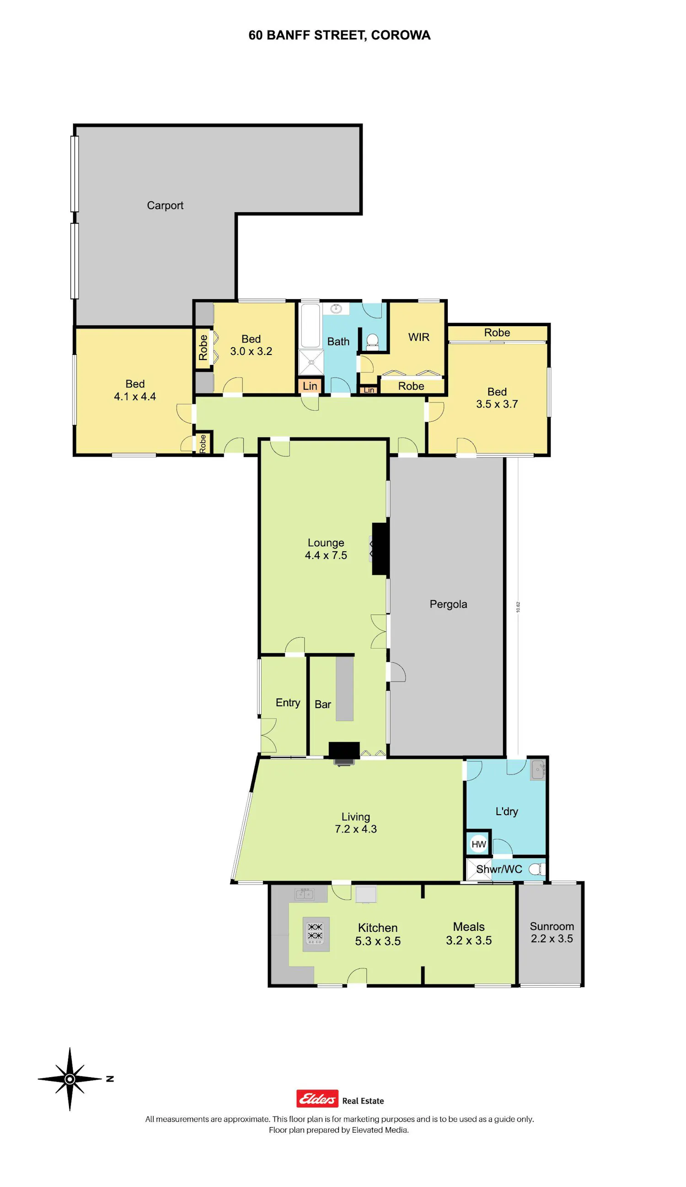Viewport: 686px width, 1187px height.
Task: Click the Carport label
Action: coord(165,205)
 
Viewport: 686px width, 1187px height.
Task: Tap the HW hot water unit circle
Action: coord(478,844)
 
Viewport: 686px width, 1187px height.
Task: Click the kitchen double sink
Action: coord(304,893)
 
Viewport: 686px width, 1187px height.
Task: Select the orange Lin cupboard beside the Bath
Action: coord(310,386)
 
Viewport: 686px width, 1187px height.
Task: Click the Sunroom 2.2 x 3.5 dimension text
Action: coord(552,938)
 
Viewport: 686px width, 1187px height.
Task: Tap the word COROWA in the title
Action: coord(401,35)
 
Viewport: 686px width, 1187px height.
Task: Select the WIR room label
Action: coord(418,337)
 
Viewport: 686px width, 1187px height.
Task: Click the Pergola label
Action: coord(448,604)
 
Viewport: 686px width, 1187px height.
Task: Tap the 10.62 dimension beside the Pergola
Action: coord(518,607)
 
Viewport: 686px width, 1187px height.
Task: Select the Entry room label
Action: coord(288,703)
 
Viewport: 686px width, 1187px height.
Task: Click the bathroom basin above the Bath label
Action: coord(336,308)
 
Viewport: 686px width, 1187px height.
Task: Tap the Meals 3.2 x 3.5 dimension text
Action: coord(468,940)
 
